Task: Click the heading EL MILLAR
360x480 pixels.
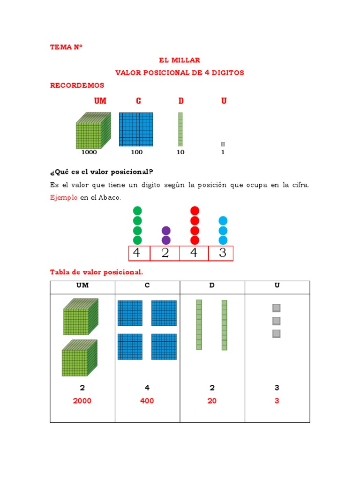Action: [180, 60]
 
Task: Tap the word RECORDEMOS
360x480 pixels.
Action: [77, 85]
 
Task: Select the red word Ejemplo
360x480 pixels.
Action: [64, 198]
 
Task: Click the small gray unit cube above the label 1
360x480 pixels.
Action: [223, 144]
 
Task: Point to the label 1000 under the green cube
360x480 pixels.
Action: [89, 152]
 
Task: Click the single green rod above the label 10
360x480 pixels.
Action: [180, 129]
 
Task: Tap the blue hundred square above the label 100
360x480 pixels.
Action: [136, 129]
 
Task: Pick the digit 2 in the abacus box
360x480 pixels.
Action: [165, 253]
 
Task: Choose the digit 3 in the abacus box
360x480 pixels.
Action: [223, 253]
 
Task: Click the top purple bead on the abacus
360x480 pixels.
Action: [166, 231]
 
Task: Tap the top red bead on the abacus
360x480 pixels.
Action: [195, 211]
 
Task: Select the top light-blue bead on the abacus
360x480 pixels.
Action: [223, 221]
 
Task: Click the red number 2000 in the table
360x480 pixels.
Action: [82, 401]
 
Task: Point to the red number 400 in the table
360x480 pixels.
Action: [147, 401]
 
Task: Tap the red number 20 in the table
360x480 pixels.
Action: [212, 401]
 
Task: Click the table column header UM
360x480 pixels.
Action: [82, 285]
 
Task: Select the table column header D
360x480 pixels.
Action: [212, 285]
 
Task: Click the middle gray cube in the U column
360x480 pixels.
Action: [277, 321]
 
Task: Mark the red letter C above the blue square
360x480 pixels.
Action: [138, 101]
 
